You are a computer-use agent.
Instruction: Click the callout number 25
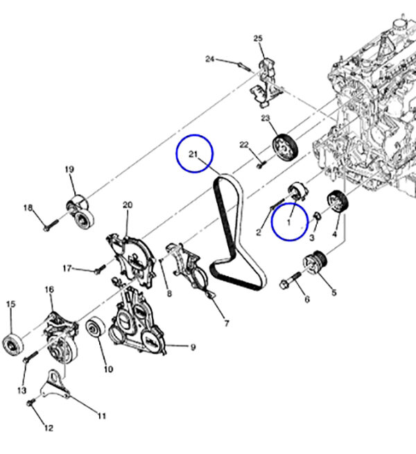[x=258, y=38]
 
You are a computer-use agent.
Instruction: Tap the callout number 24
[x=210, y=59]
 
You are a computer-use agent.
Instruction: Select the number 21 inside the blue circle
[x=193, y=154]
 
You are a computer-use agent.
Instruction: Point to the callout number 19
[x=69, y=169]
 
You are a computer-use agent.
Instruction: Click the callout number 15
[x=10, y=304]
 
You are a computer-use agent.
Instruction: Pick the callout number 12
[x=49, y=428]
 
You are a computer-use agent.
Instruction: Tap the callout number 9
[x=193, y=347]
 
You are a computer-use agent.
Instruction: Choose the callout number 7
[x=227, y=323]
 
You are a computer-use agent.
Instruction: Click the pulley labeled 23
[x=286, y=147]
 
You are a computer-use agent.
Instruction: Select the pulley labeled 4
[x=338, y=202]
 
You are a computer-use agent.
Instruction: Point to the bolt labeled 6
[x=290, y=281]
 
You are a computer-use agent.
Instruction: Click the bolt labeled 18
[x=51, y=225]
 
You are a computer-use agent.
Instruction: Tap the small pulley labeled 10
[x=96, y=327]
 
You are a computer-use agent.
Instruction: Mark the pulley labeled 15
[x=12, y=344]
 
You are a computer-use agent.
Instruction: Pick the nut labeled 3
[x=318, y=216]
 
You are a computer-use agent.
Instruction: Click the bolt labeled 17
[x=100, y=269]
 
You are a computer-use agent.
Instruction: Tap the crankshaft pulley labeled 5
[x=315, y=262]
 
